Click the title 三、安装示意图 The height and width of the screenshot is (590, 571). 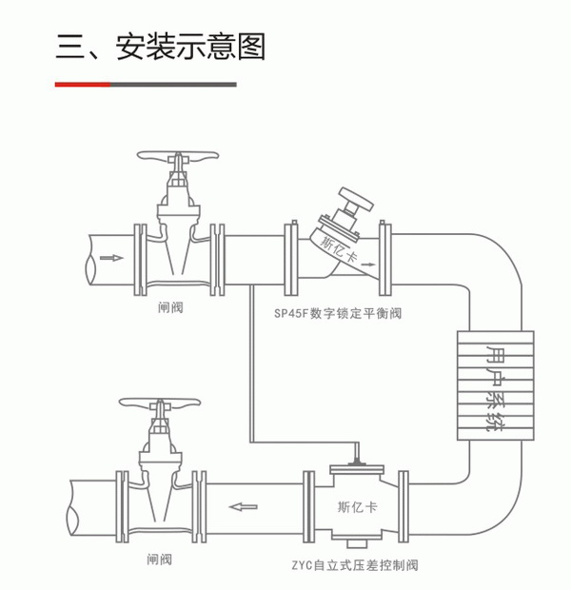coord(160,47)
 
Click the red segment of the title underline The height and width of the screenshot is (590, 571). coord(82,85)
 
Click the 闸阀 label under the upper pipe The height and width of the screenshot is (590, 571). coord(170,308)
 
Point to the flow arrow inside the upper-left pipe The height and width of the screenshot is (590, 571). coord(111,257)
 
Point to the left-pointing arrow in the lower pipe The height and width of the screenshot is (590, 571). coord(245,505)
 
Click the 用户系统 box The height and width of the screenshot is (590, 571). coord(492,386)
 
